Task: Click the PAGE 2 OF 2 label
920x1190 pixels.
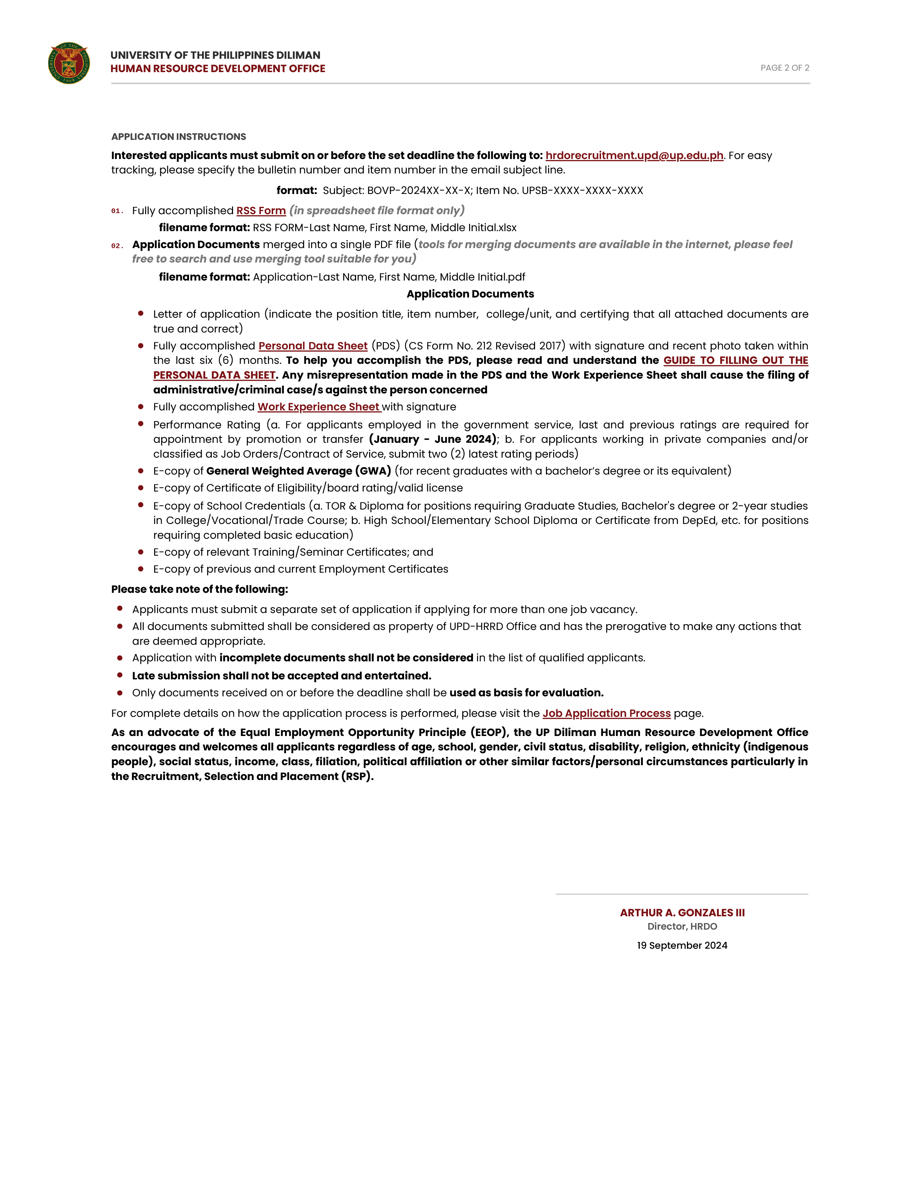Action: click(784, 67)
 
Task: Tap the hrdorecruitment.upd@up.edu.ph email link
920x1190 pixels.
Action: click(634, 155)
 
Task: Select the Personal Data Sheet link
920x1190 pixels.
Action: click(313, 345)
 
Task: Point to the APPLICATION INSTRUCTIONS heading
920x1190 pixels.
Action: click(178, 136)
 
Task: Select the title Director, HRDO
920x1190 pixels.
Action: click(682, 926)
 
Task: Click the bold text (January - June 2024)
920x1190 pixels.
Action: click(433, 439)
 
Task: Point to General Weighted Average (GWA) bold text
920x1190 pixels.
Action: click(298, 471)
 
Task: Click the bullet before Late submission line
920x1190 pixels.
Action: click(120, 675)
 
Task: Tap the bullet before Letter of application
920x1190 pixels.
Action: click(141, 313)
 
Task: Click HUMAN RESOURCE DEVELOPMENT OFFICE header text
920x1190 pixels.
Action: click(218, 69)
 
